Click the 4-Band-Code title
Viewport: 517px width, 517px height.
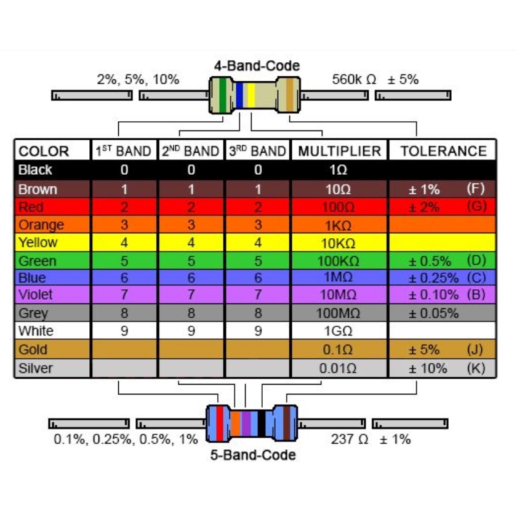257,66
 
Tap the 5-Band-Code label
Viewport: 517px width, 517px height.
253,455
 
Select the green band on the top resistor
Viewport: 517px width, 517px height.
223,95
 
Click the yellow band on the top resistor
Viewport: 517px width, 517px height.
251,95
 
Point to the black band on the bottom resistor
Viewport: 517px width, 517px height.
262,423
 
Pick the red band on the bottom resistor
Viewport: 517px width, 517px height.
219,423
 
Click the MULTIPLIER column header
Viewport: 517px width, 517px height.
340,151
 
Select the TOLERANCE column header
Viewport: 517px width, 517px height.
444,151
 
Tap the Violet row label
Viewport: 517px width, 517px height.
35,294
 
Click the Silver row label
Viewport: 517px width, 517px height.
35,368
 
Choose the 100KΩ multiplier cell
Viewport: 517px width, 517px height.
339,261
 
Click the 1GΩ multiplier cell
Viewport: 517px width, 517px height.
339,331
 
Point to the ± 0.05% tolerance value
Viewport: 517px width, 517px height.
433,313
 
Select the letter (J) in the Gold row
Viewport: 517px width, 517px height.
475,349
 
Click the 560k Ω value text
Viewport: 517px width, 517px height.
354,79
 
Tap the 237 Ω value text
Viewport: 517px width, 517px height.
349,439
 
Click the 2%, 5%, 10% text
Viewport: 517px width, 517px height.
138,79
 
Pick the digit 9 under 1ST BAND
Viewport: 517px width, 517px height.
124,331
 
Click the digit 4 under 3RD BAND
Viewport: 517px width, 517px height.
258,242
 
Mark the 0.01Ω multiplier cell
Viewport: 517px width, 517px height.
338,368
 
